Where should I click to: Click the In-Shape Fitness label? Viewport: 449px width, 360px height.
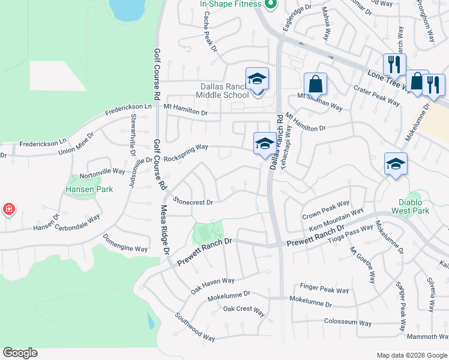(231, 4)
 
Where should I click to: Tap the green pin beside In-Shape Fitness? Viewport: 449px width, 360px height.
(270, 4)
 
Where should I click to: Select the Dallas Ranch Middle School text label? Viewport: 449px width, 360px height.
(224, 90)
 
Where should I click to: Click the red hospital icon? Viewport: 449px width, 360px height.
(8, 209)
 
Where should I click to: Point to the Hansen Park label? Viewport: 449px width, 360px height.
(89, 189)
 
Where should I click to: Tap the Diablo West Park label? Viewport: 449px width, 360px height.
(414, 206)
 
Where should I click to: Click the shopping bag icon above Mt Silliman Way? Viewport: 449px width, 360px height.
(315, 83)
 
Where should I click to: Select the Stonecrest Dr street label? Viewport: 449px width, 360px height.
(193, 202)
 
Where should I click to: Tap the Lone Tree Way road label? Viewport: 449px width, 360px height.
(387, 80)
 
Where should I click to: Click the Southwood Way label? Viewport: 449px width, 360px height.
(194, 326)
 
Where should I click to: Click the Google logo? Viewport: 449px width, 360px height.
(20, 352)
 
